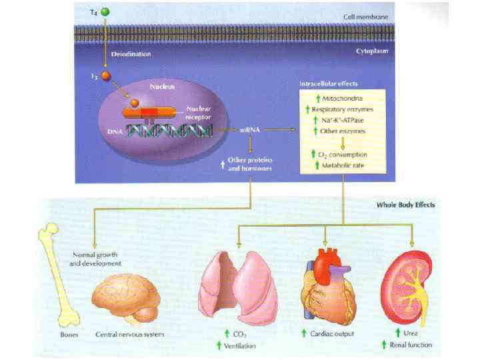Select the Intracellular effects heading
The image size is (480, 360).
pos(329,84)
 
